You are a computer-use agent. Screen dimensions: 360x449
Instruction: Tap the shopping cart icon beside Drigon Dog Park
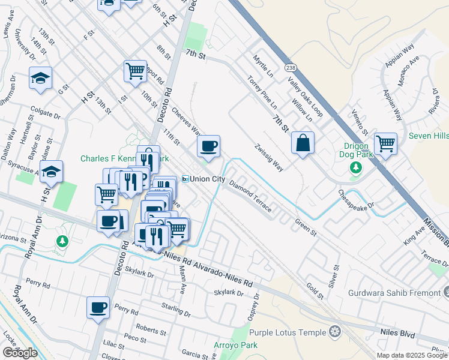tap(385, 143)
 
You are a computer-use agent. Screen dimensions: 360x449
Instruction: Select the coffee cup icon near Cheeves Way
tap(208, 146)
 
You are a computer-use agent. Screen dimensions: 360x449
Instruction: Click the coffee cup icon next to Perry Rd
tap(98, 308)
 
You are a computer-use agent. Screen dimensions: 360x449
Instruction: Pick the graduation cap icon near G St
tap(40, 77)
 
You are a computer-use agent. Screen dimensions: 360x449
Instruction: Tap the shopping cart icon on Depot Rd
tap(136, 71)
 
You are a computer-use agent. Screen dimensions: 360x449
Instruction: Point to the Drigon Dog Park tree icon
tap(356, 167)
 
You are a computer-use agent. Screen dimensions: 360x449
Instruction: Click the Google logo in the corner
tap(20, 352)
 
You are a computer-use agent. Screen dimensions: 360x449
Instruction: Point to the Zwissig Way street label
tap(268, 157)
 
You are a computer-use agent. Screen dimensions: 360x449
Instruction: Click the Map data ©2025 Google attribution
tap(411, 355)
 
